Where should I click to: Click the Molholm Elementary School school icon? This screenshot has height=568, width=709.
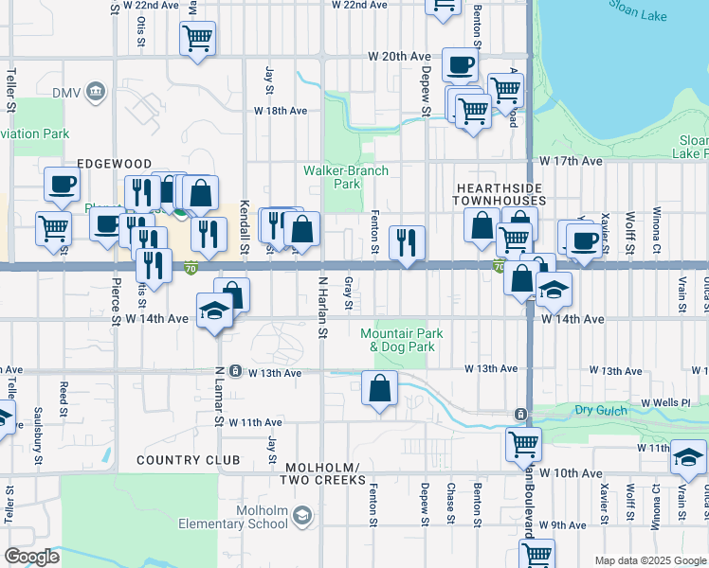pyautogui.click(x=301, y=516)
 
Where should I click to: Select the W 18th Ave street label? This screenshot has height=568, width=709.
pyautogui.click(x=281, y=111)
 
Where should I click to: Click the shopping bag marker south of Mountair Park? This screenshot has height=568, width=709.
pyautogui.click(x=379, y=388)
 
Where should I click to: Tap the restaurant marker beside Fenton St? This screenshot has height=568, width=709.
pyautogui.click(x=407, y=241)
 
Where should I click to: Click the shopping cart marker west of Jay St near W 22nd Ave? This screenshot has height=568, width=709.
pyautogui.click(x=197, y=39)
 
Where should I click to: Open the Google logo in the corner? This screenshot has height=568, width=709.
pyautogui.click(x=31, y=557)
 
